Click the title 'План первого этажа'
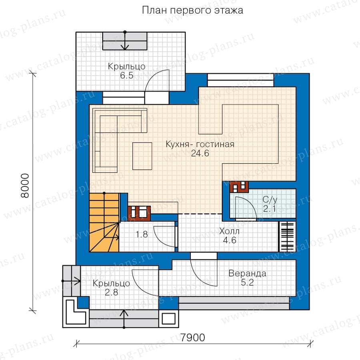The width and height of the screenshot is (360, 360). [192, 10]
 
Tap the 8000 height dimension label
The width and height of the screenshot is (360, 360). [25, 186]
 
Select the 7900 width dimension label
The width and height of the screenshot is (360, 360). [192, 338]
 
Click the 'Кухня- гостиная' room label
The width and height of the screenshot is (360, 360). [200, 144]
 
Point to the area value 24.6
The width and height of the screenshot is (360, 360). [200, 153]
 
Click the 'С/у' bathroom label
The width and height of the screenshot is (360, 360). [270, 200]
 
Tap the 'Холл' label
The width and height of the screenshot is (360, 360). [229, 231]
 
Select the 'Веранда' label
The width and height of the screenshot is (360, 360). [247, 274]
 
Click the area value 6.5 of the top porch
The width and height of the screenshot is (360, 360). [127, 75]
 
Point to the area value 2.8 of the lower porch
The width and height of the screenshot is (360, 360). [111, 292]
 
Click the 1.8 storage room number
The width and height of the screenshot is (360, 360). [142, 234]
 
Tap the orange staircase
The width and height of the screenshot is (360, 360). [104, 222]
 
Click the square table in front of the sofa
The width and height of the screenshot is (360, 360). [142, 156]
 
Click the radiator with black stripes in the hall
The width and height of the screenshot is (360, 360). [287, 236]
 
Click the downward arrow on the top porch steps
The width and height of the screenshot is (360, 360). [125, 41]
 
